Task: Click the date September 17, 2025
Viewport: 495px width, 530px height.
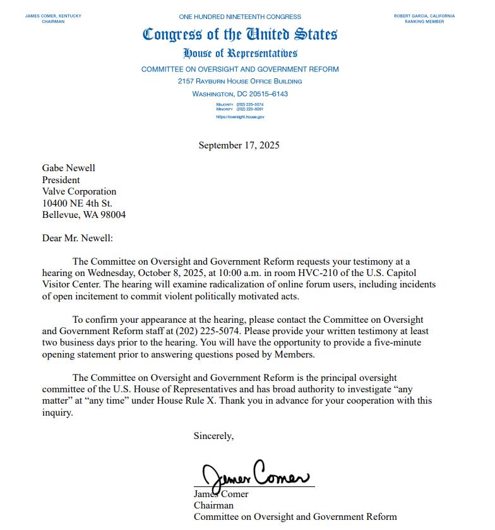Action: [239, 145]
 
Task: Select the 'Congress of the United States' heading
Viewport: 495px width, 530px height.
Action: [240, 34]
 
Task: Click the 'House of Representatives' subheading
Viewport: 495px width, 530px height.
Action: [240, 53]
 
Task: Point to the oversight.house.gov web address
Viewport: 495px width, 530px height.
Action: [240, 117]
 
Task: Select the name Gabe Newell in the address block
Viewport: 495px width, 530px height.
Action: [68, 167]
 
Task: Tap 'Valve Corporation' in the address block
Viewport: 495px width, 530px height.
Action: [79, 191]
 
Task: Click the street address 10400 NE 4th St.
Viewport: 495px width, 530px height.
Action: [77, 203]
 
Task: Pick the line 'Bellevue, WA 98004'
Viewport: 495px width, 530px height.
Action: [83, 215]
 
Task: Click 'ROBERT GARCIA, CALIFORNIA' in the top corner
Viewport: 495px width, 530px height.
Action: [424, 16]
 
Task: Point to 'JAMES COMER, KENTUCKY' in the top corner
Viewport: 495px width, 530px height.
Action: [53, 16]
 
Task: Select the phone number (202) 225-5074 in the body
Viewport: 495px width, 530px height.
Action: [212, 331]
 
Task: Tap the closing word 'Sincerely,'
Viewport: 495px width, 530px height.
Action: [213, 436]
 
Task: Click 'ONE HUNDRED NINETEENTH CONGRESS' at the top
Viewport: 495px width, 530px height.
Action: [240, 16]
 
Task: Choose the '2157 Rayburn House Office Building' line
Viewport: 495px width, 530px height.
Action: [240, 81]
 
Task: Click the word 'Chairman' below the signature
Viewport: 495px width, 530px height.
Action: [213, 505]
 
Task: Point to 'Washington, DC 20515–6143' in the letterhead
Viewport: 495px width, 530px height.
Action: [240, 94]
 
